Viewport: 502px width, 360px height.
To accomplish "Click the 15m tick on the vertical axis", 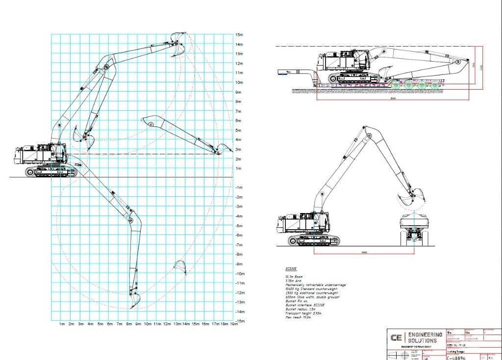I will pos(239,35).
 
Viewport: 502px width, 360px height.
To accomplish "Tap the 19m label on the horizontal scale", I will pos(235,324).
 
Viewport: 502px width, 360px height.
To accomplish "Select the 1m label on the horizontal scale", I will pos(62,324).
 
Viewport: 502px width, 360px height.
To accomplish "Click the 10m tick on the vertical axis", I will pos(239,82).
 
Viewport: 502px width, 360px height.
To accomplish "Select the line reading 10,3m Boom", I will pos(294,277).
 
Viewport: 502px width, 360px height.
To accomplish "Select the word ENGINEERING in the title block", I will pos(425,335).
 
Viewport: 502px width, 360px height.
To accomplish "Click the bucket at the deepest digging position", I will pos(135,300).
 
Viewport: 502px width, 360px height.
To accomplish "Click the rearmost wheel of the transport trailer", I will pos(435,86).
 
